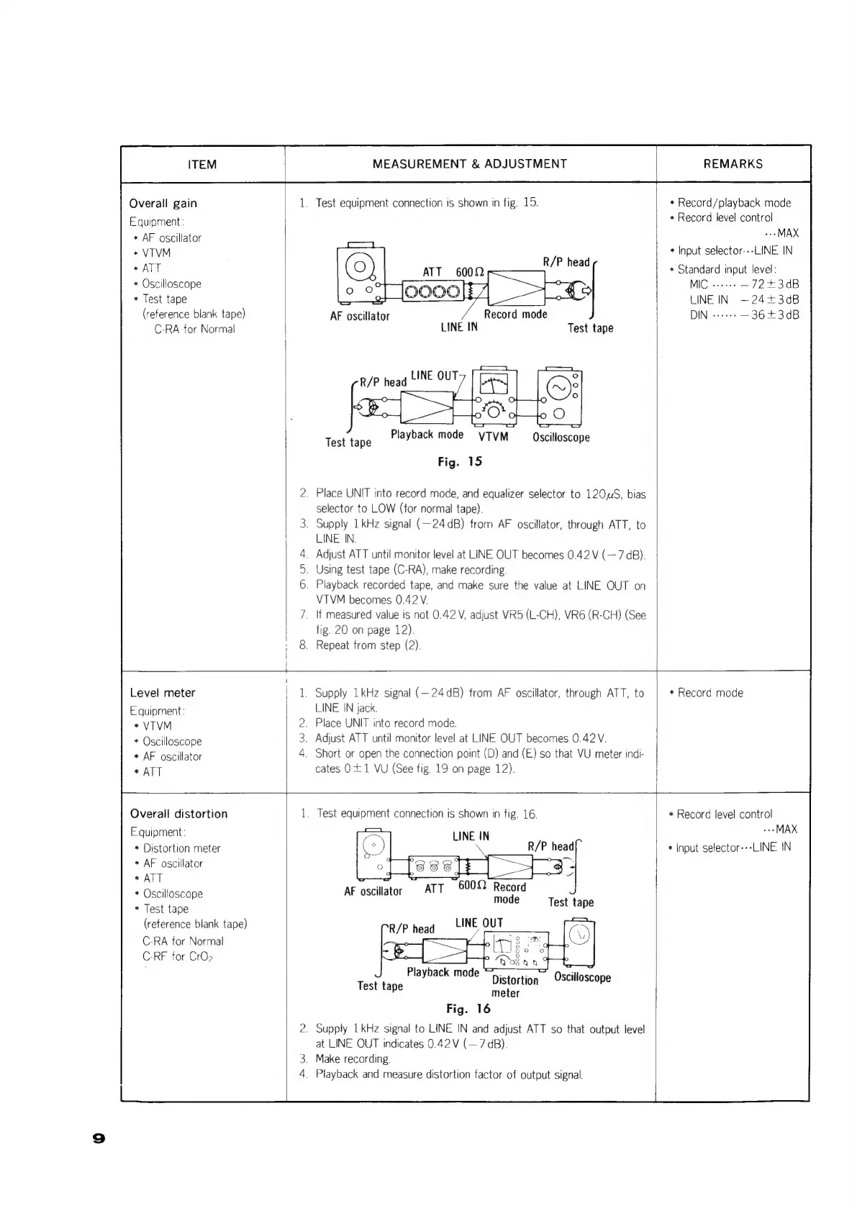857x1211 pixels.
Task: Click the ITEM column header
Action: pos(201,165)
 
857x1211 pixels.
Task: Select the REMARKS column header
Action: pos(733,164)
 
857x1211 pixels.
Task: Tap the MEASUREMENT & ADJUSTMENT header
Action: pos(469,164)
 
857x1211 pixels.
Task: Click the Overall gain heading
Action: pos(163,204)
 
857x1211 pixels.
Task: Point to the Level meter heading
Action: pos(163,693)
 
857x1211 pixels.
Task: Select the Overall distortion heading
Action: pos(178,814)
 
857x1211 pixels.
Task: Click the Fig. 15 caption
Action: pos(460,462)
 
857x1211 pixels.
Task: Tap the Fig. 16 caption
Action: pos(468,1009)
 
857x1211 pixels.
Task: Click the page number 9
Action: pos(99,1138)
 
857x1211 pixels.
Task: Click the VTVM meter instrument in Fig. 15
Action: pos(493,398)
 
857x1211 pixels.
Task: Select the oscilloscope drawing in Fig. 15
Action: pos(560,398)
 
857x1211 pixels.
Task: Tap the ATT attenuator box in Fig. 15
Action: pos(432,291)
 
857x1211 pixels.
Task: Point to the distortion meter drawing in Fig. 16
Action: pos(516,950)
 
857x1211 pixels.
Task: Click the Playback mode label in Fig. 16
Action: pos(443,972)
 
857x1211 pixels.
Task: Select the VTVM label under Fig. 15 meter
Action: pos(493,437)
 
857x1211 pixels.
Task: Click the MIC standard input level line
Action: pos(743,284)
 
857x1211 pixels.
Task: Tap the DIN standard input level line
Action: pos(743,315)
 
